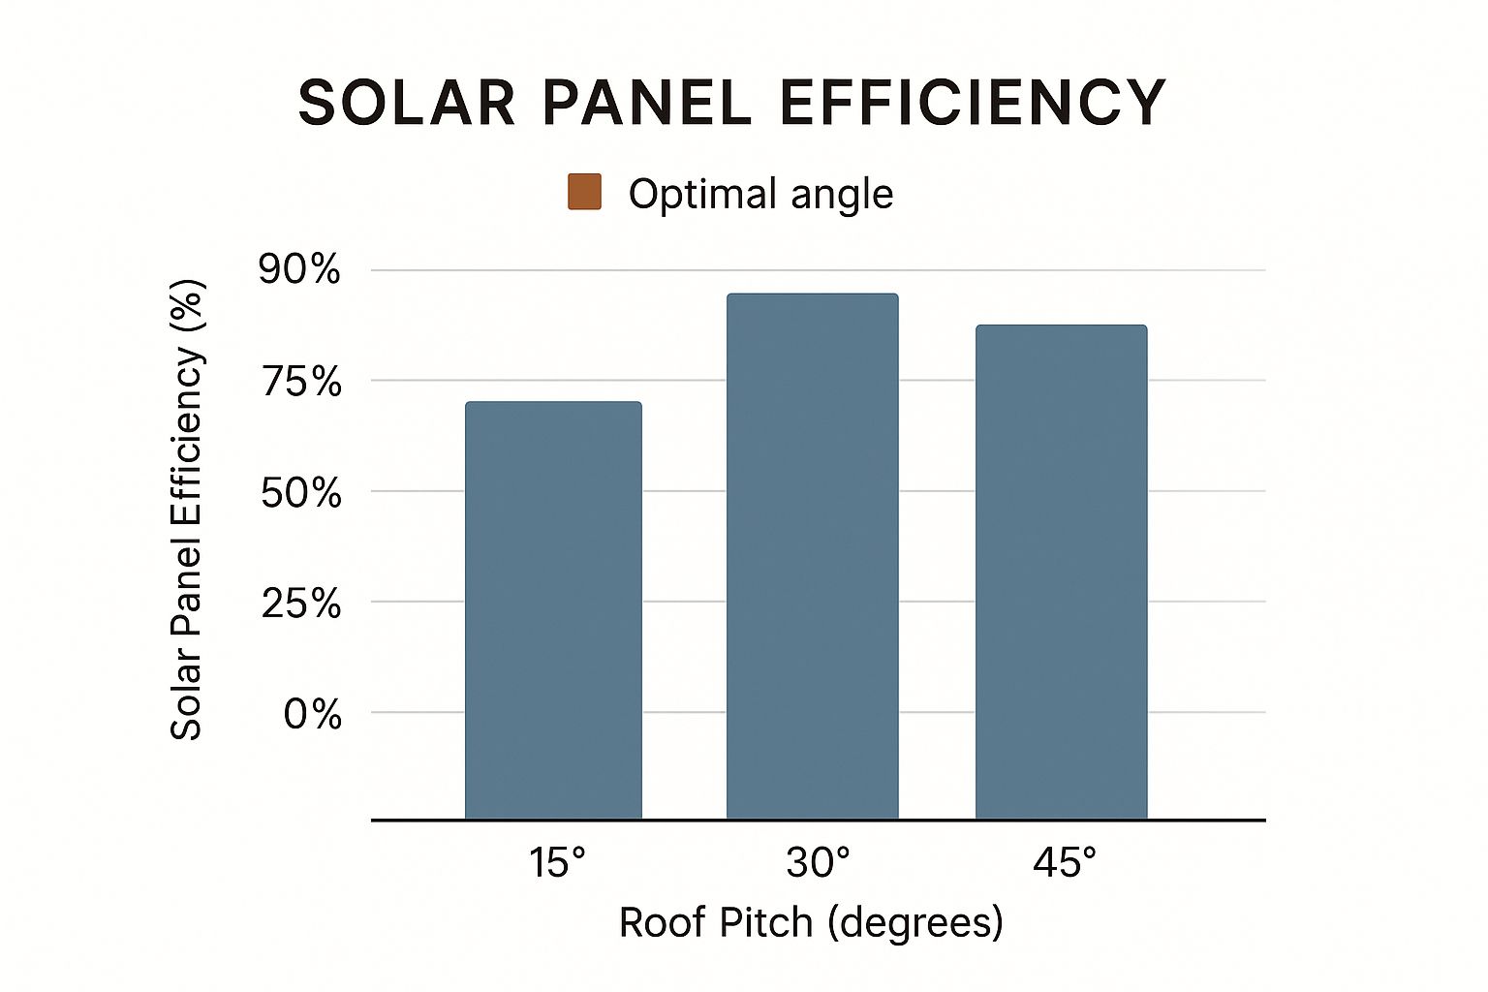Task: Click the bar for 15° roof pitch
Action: [553, 610]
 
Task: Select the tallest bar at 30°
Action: [812, 556]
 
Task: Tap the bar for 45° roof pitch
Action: [1061, 572]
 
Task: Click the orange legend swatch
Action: [584, 192]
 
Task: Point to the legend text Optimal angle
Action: [760, 194]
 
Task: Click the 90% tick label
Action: [300, 270]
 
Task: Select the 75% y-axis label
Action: [301, 383]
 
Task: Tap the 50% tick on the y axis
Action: [301, 493]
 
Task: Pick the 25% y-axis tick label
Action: [301, 604]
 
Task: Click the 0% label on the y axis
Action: [312, 715]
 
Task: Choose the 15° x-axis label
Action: [557, 862]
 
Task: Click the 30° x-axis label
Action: [818, 862]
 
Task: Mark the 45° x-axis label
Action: [1065, 862]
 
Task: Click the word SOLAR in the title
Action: [406, 103]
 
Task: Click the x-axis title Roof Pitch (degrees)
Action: [811, 922]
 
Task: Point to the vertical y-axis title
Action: [186, 510]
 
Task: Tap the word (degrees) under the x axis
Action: [915, 922]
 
